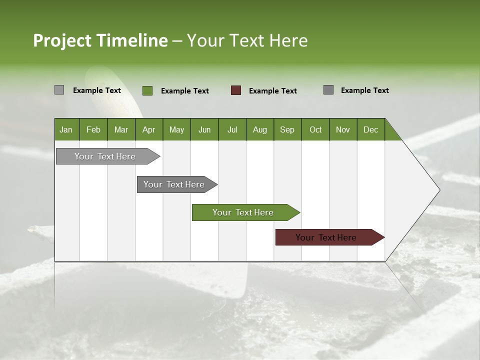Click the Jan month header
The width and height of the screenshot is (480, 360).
pyautogui.click(x=66, y=129)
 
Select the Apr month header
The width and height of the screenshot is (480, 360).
pyautogui.click(x=148, y=129)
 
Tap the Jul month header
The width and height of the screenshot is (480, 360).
pyautogui.click(x=232, y=129)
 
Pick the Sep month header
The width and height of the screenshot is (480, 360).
pyautogui.click(x=287, y=129)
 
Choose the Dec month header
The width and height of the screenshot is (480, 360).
pyautogui.click(x=370, y=129)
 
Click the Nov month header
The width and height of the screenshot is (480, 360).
pyautogui.click(x=342, y=129)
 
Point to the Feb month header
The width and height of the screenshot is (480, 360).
pyautogui.click(x=93, y=129)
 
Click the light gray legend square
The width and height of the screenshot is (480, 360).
pyautogui.click(x=59, y=90)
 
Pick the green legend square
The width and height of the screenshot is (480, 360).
pyautogui.click(x=147, y=90)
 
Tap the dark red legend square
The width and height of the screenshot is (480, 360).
pyautogui.click(x=236, y=90)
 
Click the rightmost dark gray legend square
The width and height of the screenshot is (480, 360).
pyautogui.click(x=328, y=90)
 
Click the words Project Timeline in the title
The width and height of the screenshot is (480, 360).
pyautogui.click(x=100, y=40)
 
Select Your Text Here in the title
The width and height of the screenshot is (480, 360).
pyautogui.click(x=247, y=40)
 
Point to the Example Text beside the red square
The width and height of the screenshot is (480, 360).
pyautogui.click(x=272, y=90)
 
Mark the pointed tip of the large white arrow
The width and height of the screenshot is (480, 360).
pyautogui.click(x=439, y=189)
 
